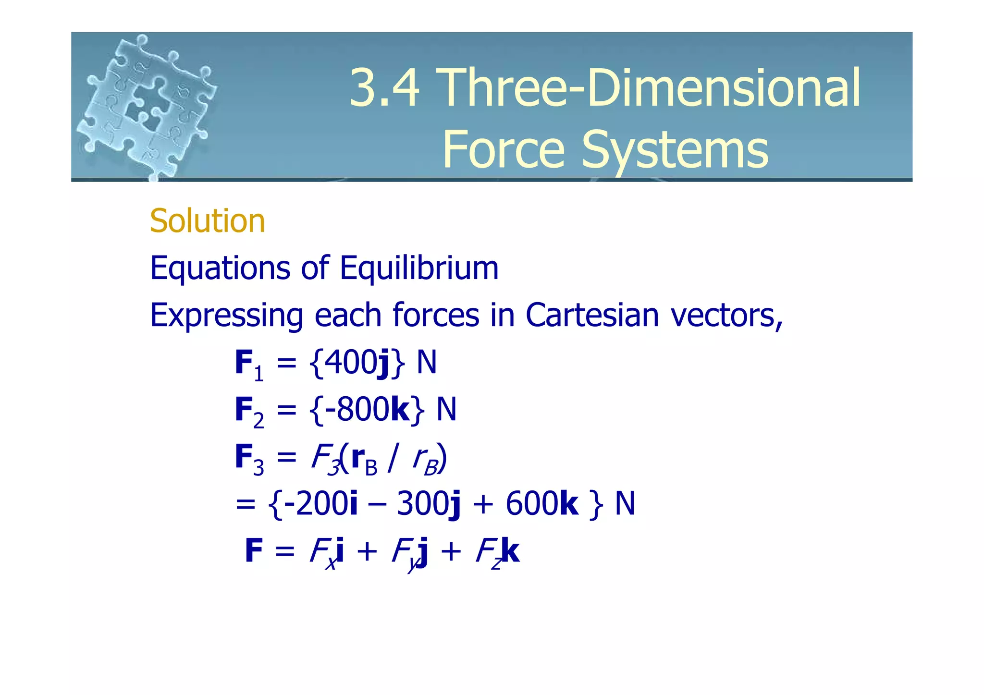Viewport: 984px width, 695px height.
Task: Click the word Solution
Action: point(207,221)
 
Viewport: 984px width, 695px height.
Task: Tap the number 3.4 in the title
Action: point(384,87)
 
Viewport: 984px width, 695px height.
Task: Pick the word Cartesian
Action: point(592,315)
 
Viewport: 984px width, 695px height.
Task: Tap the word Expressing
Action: point(226,316)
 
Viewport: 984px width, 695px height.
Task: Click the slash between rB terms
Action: point(394,458)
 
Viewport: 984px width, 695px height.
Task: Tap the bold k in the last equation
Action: point(510,550)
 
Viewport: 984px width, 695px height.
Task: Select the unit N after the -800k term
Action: point(446,409)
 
